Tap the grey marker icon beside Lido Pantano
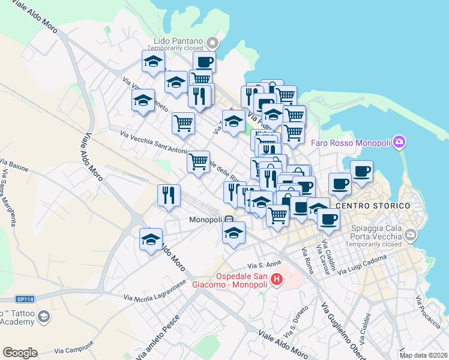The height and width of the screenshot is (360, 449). click(212, 43)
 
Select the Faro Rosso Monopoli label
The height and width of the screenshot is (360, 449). click(351, 143)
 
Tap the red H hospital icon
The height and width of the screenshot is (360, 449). click(277, 279)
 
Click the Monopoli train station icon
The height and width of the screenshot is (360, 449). click(230, 220)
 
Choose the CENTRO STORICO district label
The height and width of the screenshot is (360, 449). click(374, 205)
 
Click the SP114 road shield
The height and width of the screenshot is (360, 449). click(24, 299)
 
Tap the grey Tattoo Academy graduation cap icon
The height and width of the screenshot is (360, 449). click(43, 316)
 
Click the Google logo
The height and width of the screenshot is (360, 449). click(20, 353)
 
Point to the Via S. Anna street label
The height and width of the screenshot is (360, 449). click(265, 265)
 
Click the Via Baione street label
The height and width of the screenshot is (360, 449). click(14, 165)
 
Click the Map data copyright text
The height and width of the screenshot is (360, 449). click(424, 355)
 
